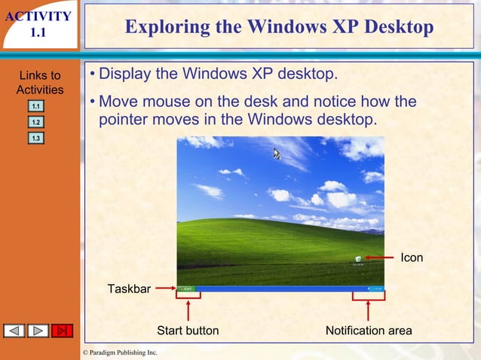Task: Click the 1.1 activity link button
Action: [x=36, y=107]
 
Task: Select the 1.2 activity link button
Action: [x=36, y=122]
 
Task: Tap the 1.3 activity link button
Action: [x=36, y=139]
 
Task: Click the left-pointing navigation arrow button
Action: [x=15, y=331]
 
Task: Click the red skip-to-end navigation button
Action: [x=62, y=331]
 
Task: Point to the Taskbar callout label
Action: [x=129, y=288]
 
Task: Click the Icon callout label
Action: [x=412, y=258]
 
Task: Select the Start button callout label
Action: [x=188, y=331]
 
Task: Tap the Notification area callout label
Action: [x=369, y=331]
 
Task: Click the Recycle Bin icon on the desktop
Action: [x=357, y=260]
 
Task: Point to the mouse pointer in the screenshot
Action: [x=277, y=154]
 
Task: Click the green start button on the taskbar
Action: [x=185, y=288]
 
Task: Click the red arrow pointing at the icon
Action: [x=381, y=258]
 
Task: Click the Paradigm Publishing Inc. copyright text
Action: [x=120, y=352]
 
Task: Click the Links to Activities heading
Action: [x=39, y=83]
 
